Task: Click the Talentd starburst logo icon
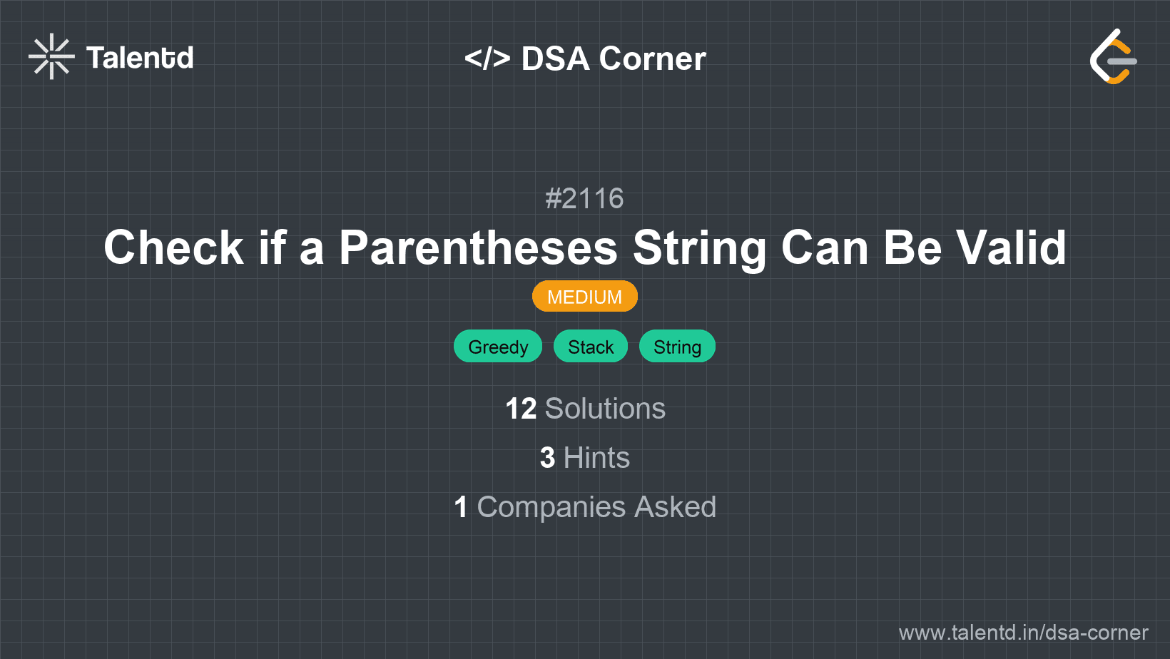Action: (x=51, y=56)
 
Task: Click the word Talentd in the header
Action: (x=140, y=58)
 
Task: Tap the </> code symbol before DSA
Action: (x=487, y=58)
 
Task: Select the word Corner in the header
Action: (x=652, y=58)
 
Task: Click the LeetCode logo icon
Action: (x=1113, y=57)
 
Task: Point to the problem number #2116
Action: (x=584, y=198)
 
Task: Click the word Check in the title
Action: (x=174, y=247)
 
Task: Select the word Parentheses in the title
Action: (x=478, y=247)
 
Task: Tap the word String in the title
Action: (x=699, y=247)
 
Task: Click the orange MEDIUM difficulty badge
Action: (x=584, y=297)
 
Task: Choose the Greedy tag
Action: (x=498, y=347)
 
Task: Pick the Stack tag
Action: (x=591, y=347)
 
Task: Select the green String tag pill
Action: (x=677, y=347)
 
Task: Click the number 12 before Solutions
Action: (x=521, y=409)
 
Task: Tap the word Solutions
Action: (x=605, y=409)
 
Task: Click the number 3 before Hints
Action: (x=547, y=458)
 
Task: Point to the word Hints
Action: (x=596, y=458)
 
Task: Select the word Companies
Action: (x=551, y=507)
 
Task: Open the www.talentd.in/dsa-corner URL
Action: (x=1023, y=633)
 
